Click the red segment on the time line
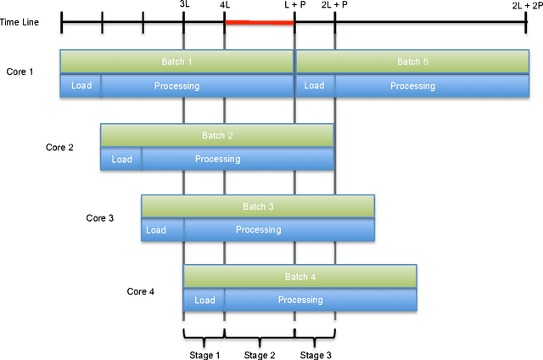click(x=259, y=22)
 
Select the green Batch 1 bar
click(x=176, y=62)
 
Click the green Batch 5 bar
click(x=412, y=62)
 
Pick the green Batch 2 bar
click(x=217, y=135)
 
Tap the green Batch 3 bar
click(x=258, y=206)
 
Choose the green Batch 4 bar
click(x=299, y=277)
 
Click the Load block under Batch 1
click(x=81, y=86)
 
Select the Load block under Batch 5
click(x=315, y=86)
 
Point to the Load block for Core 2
click(x=121, y=159)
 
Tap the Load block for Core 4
click(x=204, y=300)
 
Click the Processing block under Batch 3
click(x=258, y=229)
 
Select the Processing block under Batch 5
click(x=412, y=86)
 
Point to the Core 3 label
click(x=100, y=218)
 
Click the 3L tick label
click(x=184, y=5)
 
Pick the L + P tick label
click(x=294, y=5)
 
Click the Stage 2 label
click(x=260, y=355)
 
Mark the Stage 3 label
click(x=315, y=355)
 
